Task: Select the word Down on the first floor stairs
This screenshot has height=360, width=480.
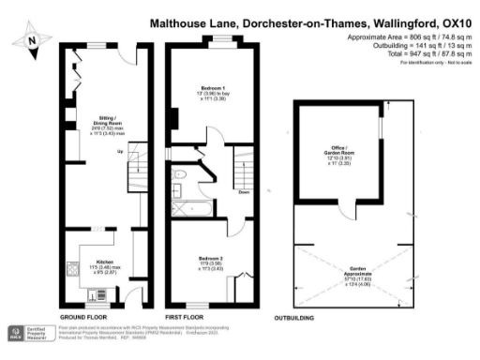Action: [244, 193]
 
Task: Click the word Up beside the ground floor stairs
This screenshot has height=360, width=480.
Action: [120, 152]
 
